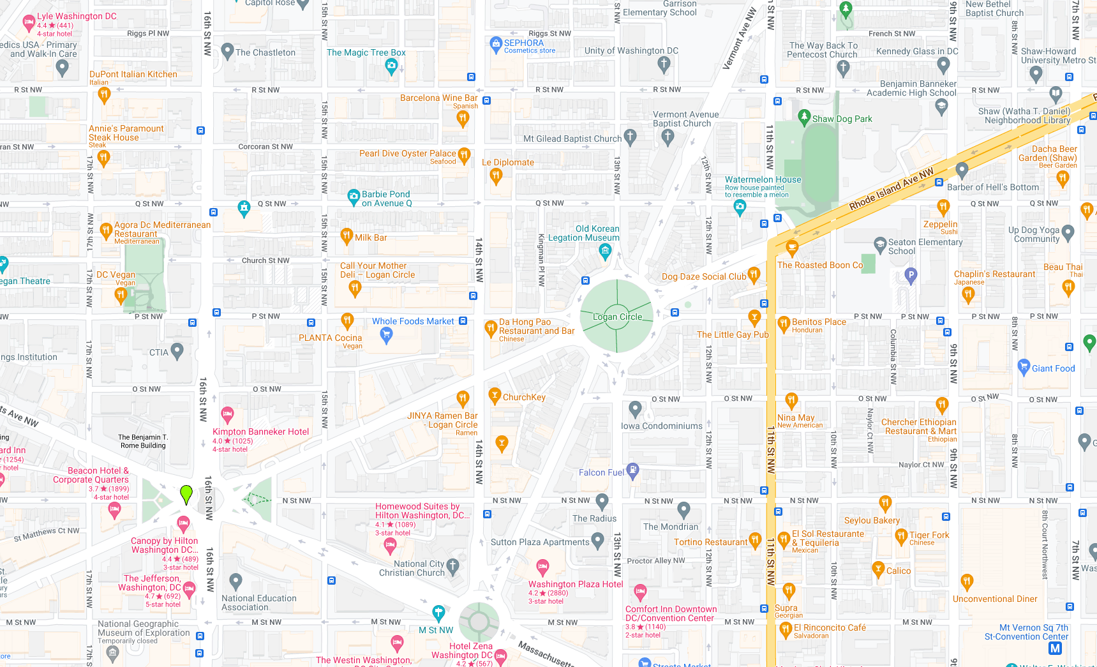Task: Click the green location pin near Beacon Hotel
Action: pos(186,493)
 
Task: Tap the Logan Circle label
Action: pos(617,317)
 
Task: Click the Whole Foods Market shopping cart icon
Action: pos(386,334)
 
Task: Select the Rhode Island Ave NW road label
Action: pos(891,189)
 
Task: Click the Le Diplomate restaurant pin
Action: pos(496,177)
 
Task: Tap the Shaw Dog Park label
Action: pos(842,119)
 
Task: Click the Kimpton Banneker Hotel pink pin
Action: pos(227,414)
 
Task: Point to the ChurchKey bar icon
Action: pos(494,396)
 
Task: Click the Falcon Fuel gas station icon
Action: pos(632,470)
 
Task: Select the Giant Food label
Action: pos(1053,368)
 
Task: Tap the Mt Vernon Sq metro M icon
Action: pos(1055,648)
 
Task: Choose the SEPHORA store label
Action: pos(524,43)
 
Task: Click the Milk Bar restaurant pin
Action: pos(346,236)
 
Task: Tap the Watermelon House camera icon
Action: pos(740,206)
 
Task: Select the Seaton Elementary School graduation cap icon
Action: pos(880,244)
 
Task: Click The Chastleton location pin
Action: pos(227,51)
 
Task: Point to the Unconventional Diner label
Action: pos(995,599)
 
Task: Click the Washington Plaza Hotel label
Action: pos(576,584)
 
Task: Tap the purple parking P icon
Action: pos(911,276)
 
